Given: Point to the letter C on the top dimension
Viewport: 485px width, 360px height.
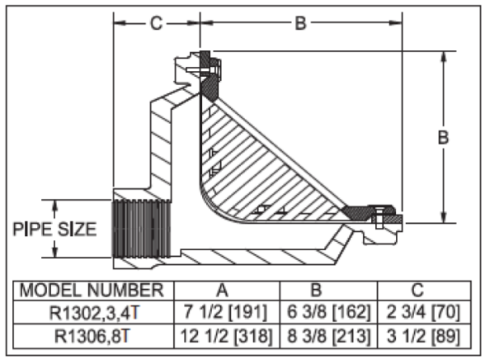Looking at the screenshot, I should coord(156,23).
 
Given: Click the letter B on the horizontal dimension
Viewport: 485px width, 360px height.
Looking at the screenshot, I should coord(300,23).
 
